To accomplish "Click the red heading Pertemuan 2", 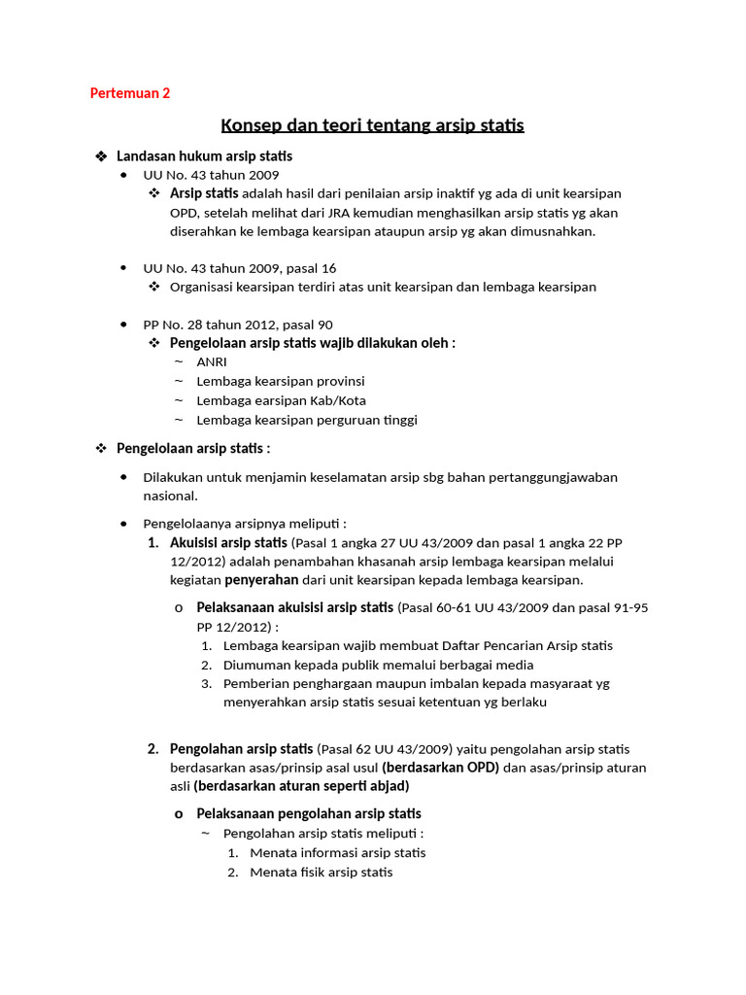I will point(129,93).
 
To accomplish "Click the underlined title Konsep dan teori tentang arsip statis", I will point(372,125).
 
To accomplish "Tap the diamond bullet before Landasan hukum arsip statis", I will point(101,156).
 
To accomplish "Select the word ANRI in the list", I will point(212,361).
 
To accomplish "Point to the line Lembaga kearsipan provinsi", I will point(280,381).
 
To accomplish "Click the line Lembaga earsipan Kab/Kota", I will point(281,400).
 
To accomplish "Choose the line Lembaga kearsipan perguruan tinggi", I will point(307,420).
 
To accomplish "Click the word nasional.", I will point(170,496).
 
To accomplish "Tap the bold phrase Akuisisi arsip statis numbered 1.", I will point(228,542).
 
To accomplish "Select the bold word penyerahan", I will point(263,580).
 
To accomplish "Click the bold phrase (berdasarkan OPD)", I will point(440,767).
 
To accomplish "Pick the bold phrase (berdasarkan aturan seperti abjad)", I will point(301,785).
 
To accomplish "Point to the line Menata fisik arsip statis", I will point(321,872).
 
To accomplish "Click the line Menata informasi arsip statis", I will point(337,852).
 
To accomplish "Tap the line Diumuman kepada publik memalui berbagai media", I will point(378,665).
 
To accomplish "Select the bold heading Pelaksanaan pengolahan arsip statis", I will point(309,813).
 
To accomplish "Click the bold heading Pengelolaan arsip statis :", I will point(193,448).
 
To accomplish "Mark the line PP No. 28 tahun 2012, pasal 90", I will point(238,325).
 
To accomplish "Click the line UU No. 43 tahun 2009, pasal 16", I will point(240,267).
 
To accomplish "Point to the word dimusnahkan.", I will point(547,231).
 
